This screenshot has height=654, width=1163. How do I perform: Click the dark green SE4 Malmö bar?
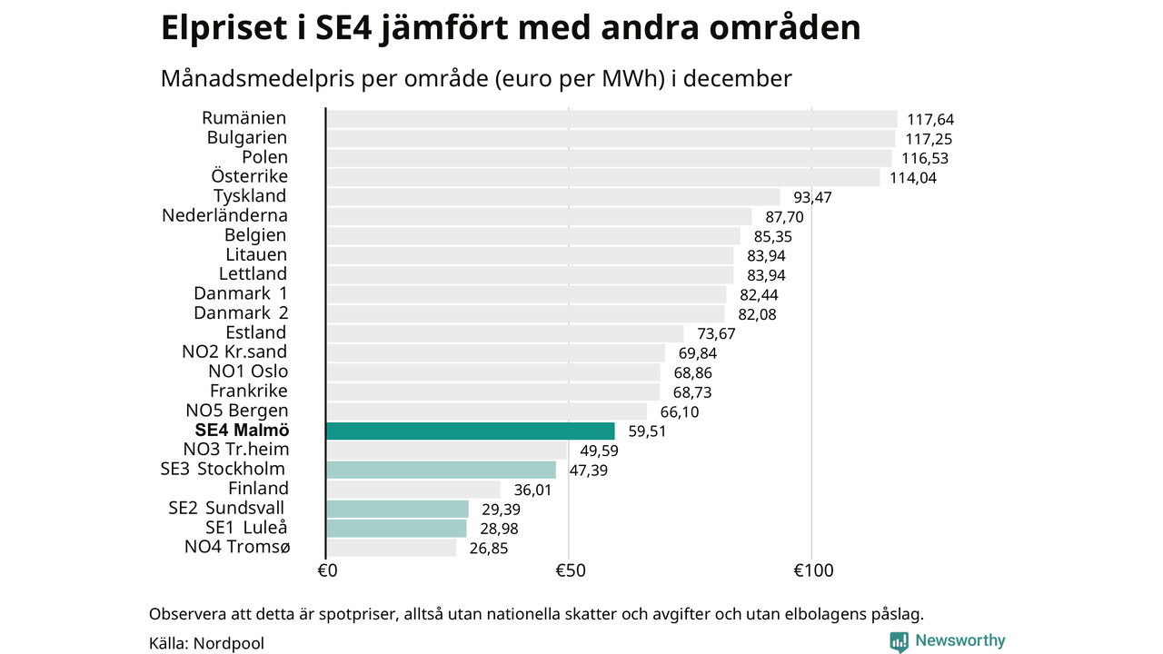(x=470, y=431)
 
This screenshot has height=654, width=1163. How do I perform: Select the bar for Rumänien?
(x=611, y=119)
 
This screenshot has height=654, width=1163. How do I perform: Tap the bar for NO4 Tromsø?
(x=391, y=548)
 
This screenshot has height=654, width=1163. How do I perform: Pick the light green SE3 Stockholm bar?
(x=441, y=470)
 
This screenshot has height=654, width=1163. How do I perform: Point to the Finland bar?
(x=413, y=490)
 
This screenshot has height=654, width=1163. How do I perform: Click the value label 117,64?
(x=930, y=120)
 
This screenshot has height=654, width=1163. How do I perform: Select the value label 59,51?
(x=647, y=431)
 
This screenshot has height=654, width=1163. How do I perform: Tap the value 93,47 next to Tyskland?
(x=812, y=197)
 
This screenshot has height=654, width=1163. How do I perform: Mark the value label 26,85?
(x=488, y=549)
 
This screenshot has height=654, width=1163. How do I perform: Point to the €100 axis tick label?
(x=812, y=571)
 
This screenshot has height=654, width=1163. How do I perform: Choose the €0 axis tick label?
(x=327, y=571)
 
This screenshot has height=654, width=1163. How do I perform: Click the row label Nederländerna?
(x=224, y=215)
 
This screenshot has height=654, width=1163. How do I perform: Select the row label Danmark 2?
(x=240, y=313)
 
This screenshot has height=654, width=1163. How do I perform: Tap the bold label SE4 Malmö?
(x=242, y=431)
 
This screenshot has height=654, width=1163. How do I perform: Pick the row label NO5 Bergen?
(x=236, y=411)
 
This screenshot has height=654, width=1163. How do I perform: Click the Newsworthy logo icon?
(x=899, y=641)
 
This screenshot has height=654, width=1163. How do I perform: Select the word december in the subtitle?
(x=737, y=79)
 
